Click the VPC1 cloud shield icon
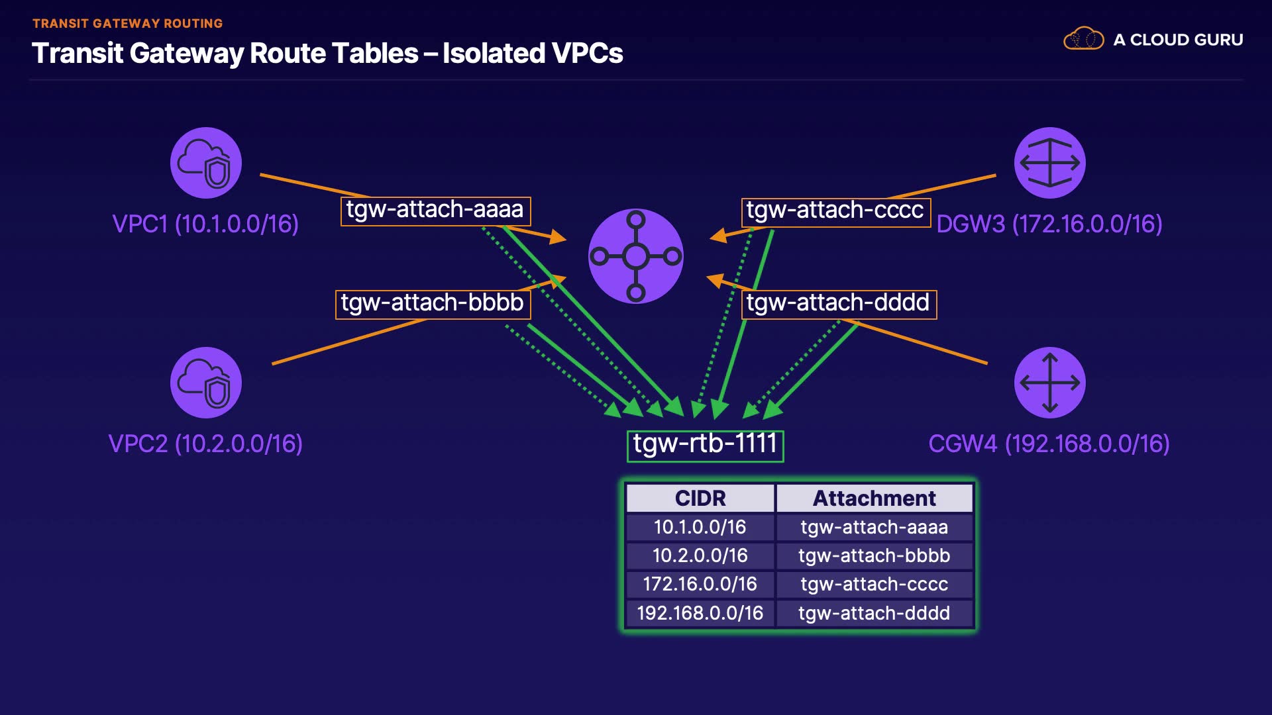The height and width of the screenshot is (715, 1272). click(x=206, y=163)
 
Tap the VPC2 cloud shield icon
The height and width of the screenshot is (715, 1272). click(x=206, y=383)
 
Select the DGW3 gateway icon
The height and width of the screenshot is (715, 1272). click(x=1049, y=163)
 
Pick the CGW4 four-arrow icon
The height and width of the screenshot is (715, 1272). click(x=1049, y=383)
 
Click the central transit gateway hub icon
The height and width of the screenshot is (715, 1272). click(x=636, y=256)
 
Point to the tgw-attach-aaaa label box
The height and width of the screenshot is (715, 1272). click(x=435, y=211)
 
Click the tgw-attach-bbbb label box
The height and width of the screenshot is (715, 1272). click(x=433, y=304)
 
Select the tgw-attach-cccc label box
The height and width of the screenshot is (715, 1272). click(x=835, y=212)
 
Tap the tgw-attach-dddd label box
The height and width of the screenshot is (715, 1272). click(x=838, y=304)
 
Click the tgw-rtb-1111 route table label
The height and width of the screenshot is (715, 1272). click(x=705, y=445)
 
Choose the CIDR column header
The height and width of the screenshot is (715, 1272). click(x=700, y=499)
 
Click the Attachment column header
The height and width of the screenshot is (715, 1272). click(x=874, y=499)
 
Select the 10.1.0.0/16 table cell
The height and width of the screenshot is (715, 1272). click(x=700, y=528)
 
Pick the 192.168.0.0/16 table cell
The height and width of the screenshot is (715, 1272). click(x=700, y=613)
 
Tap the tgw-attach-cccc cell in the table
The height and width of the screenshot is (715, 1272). click(x=874, y=585)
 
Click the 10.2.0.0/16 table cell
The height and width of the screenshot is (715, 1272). click(x=700, y=556)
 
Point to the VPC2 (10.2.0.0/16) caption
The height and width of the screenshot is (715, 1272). click(x=205, y=444)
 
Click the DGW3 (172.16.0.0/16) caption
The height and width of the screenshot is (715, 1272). click(x=1049, y=224)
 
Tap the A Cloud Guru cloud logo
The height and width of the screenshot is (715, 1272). click(x=1083, y=39)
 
